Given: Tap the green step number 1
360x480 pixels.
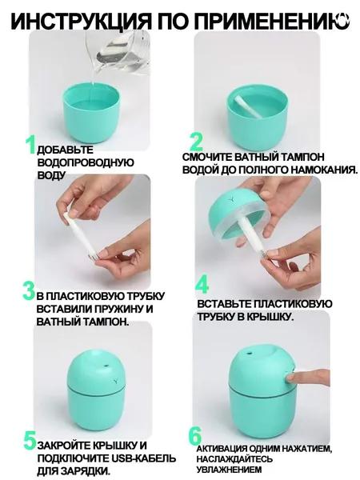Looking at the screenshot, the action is coord(31,145).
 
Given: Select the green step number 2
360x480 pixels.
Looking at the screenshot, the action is coord(196,142).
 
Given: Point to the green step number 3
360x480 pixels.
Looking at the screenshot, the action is coord(29,291).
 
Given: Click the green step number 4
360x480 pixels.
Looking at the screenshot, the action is coord(202,285).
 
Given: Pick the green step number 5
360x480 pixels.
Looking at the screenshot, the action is coord(30,440).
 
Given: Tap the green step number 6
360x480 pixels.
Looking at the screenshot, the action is coord(195,436).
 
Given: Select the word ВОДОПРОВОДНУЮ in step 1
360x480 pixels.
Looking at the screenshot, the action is coord(86,162).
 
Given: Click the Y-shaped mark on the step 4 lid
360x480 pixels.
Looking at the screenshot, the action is coord(232,199).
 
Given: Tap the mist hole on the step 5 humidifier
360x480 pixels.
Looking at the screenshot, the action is coord(106,366).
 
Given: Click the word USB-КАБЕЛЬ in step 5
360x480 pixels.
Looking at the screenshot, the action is coord(142,458).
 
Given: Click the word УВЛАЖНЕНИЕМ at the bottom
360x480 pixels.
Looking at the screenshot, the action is coord(225,470).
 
